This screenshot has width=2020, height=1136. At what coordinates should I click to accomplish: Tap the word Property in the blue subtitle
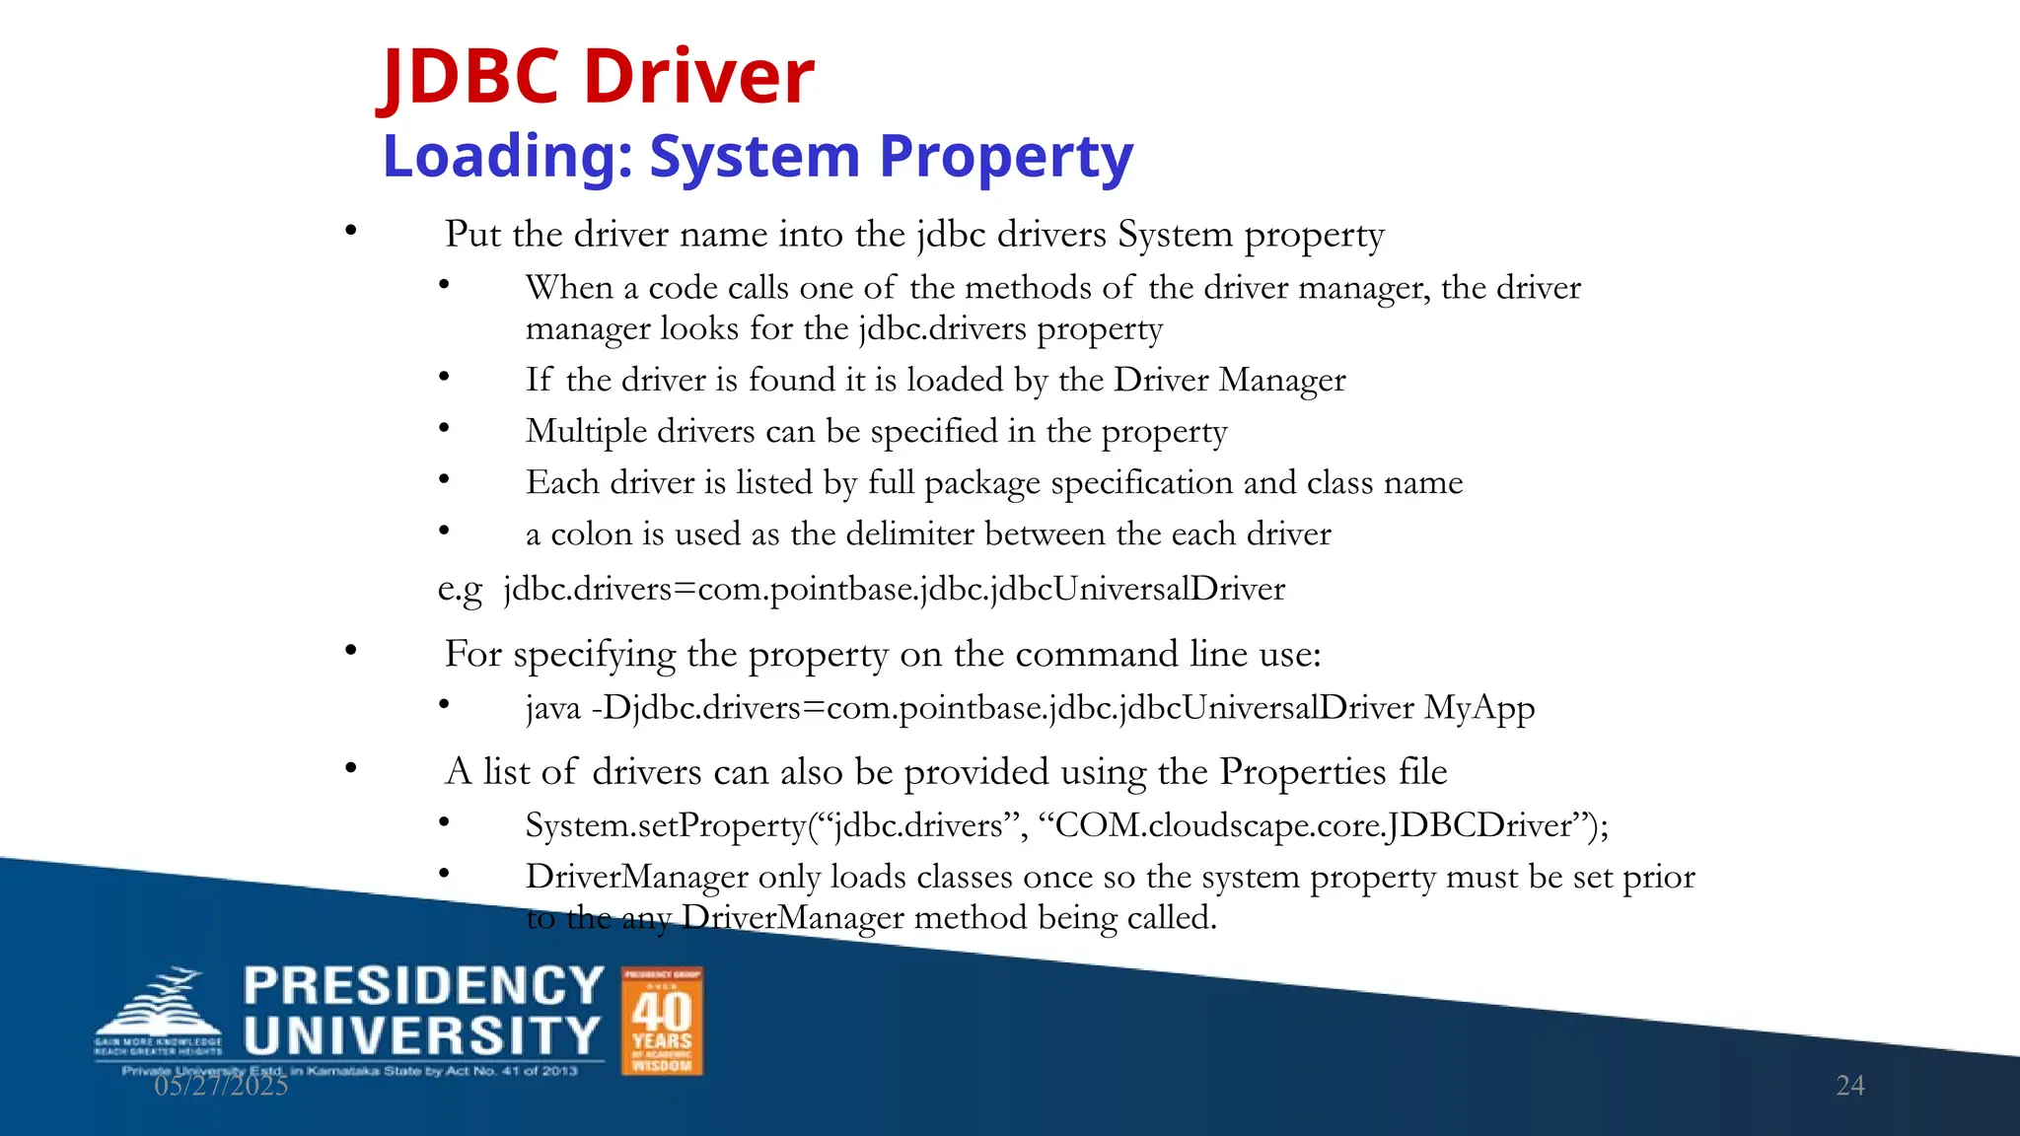pyautogui.click(x=1006, y=157)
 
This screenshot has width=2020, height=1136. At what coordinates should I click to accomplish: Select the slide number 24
pyautogui.click(x=1849, y=1086)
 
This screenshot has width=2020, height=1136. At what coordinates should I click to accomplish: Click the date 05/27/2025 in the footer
pyautogui.click(x=221, y=1086)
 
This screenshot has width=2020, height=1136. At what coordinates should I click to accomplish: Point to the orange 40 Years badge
pyautogui.click(x=662, y=1021)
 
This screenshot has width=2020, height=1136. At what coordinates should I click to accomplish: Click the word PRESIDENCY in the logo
pyautogui.click(x=423, y=986)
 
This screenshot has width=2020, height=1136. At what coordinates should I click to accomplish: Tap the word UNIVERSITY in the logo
pyautogui.click(x=422, y=1036)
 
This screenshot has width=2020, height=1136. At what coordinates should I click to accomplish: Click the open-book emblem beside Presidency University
pyautogui.click(x=160, y=1011)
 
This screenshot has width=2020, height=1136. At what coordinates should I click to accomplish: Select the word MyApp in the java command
pyautogui.click(x=1479, y=708)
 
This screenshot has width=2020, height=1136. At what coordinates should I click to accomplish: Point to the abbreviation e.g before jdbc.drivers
pyautogui.click(x=460, y=590)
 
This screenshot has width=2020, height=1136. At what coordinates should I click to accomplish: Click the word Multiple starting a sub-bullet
pyautogui.click(x=586, y=432)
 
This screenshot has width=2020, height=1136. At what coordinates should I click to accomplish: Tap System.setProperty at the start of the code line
pyautogui.click(x=665, y=825)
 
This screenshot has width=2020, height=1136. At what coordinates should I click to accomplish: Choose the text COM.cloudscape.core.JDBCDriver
pyautogui.click(x=1312, y=825)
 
